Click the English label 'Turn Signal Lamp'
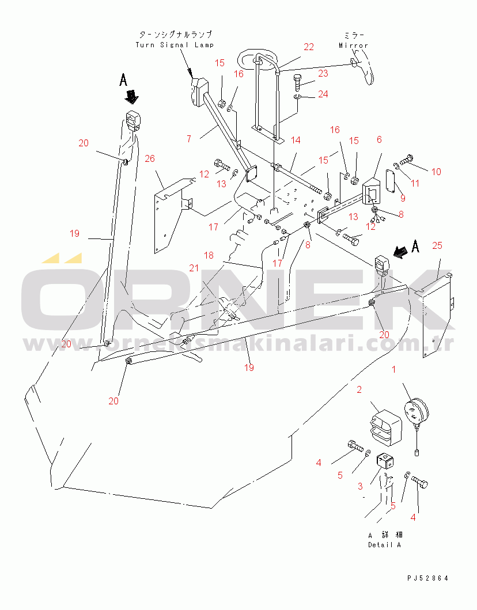pos(175,45)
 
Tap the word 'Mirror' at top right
pos(353,46)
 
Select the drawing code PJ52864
pos(428,578)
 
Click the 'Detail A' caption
pos(384,545)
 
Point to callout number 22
pos(309,47)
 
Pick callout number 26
pos(150,158)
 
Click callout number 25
pos(437,245)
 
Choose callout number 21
pos(194,268)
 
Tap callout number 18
pos(209,255)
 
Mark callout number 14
pos(296,140)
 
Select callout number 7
pos(189,139)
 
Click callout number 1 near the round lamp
pos(393,369)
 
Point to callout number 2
pos(359,389)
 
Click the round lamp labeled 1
pos(417,412)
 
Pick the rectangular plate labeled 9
pos(391,180)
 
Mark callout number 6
pos(379,139)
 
